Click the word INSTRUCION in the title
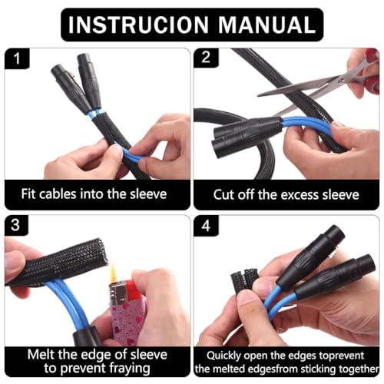[138, 25]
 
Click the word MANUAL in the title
[266, 25]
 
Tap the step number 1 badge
[17, 58]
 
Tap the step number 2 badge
[206, 58]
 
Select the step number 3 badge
[15, 225]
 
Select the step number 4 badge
[206, 226]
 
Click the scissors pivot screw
[341, 81]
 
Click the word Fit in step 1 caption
[28, 194]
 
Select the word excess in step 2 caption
[300, 195]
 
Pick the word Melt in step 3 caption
[41, 355]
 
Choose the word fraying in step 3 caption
[130, 369]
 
